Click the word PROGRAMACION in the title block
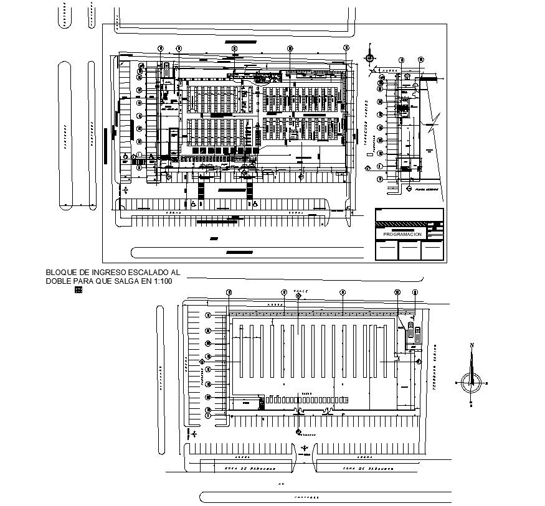[x=402, y=235]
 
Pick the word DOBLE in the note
[x=59, y=281]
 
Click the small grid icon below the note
[x=78, y=290]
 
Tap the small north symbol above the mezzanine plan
[x=370, y=58]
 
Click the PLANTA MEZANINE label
[x=424, y=189]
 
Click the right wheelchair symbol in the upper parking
[x=255, y=204]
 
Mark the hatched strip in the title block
[x=404, y=223]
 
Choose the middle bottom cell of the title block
[x=409, y=250]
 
